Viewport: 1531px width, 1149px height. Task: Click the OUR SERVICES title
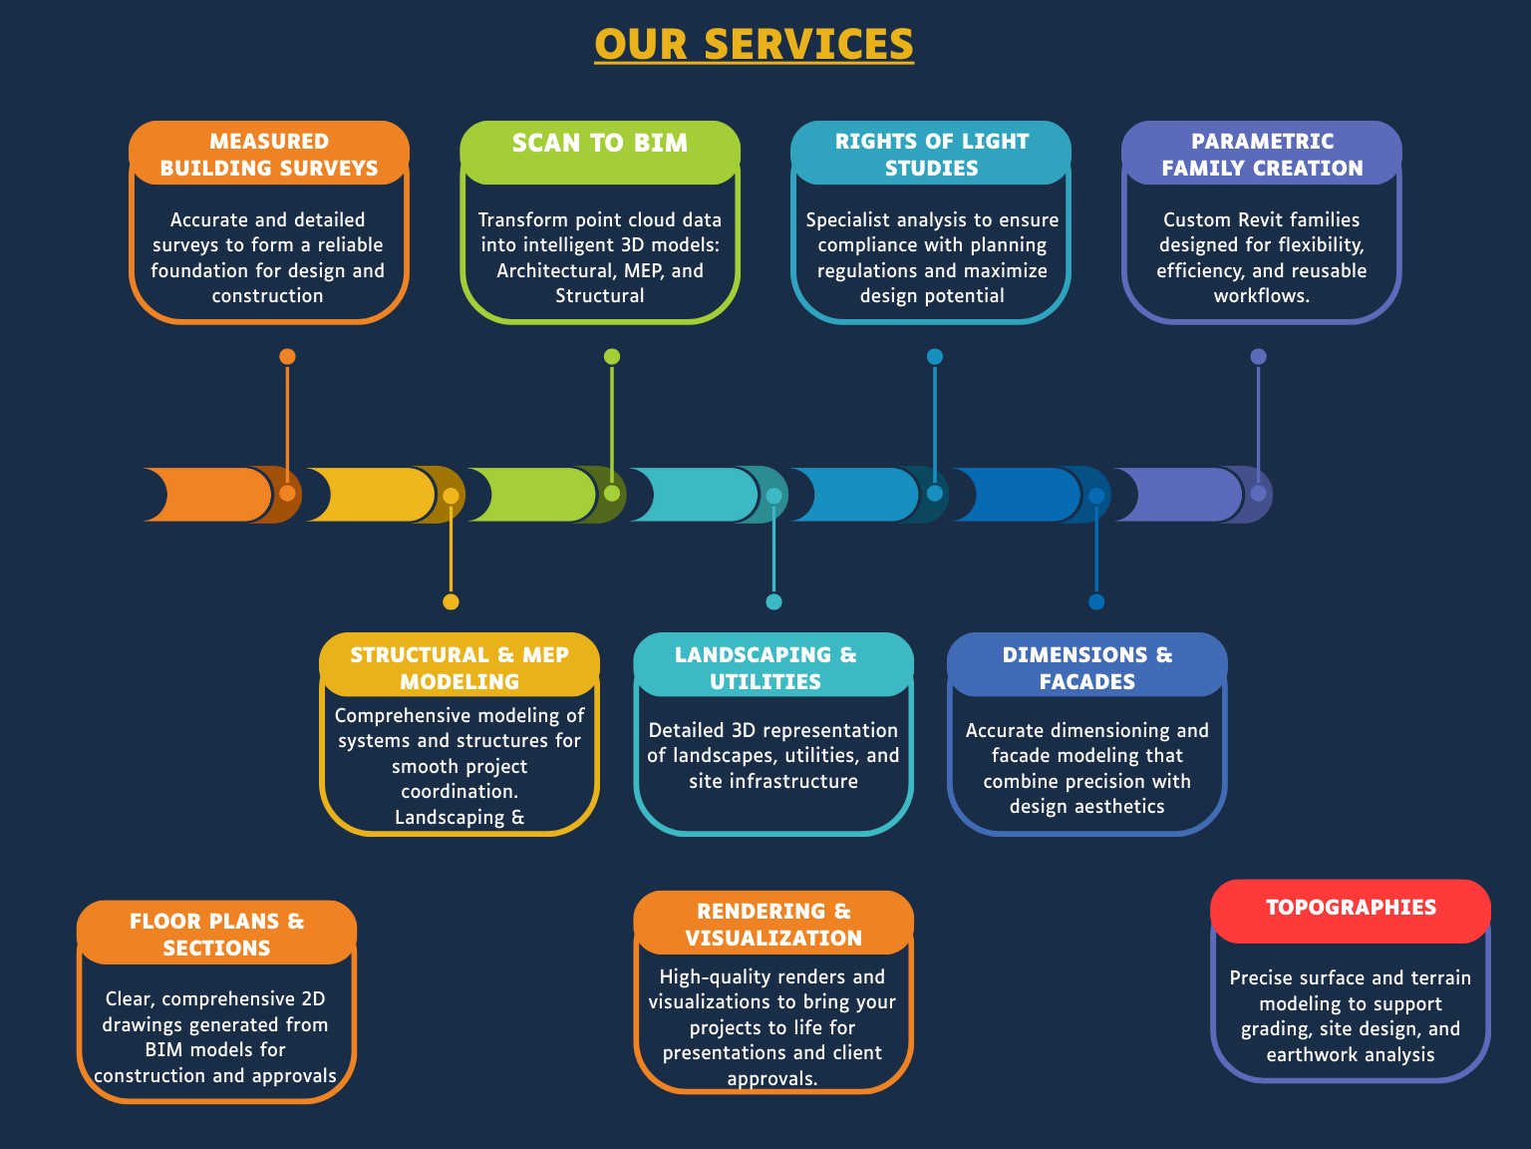(x=754, y=45)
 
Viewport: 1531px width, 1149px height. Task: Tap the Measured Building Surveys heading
(x=269, y=155)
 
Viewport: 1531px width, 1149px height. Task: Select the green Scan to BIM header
(x=600, y=144)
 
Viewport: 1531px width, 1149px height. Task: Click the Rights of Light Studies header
(x=931, y=155)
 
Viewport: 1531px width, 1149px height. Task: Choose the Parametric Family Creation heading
(x=1262, y=155)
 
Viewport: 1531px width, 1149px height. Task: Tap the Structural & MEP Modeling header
(x=459, y=668)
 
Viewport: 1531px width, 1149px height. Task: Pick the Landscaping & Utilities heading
(x=765, y=668)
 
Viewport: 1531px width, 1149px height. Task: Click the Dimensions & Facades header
(x=1087, y=668)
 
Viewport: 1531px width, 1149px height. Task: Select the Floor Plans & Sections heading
(x=216, y=935)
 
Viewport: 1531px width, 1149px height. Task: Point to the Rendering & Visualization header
(x=773, y=925)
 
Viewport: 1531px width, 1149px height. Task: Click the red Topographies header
(x=1351, y=908)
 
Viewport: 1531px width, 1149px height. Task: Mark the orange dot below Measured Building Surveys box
(x=287, y=357)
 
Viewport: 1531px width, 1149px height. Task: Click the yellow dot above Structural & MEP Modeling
(x=451, y=601)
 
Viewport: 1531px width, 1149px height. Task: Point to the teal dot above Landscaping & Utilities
(x=773, y=601)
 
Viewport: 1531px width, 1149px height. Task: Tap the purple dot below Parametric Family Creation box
(x=1258, y=357)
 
